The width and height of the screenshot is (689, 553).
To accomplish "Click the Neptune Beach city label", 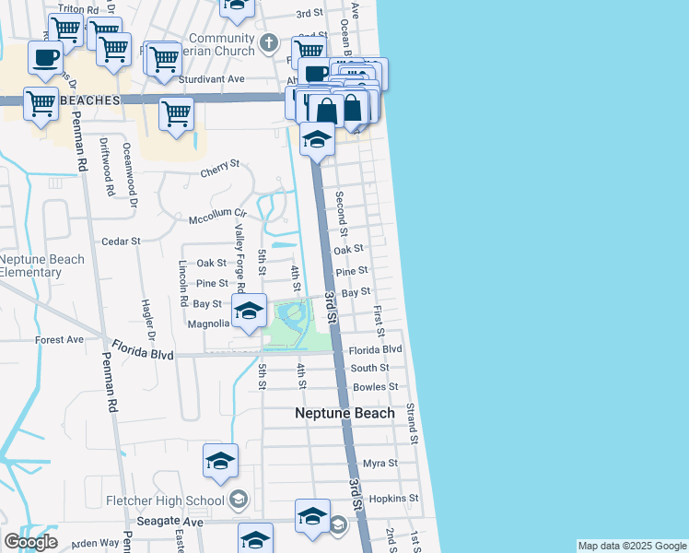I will coord(344,413).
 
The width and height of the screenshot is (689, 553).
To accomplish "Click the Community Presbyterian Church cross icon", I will coord(268,41).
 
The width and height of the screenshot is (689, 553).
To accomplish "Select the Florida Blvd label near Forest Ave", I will coord(143,349).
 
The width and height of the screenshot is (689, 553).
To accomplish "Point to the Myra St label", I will coord(380,463).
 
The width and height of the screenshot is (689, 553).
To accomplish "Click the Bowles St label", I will coord(375,387).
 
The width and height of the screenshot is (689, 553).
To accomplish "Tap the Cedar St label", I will coord(121,241).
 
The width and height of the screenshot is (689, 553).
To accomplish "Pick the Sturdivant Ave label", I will coord(211,79).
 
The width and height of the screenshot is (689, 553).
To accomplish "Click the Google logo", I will coord(30,542).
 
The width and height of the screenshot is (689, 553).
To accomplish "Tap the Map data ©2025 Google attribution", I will coord(631,546).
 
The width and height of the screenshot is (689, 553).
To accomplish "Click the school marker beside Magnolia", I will coord(248,312).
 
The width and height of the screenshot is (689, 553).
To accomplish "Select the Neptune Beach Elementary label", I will coord(41,265).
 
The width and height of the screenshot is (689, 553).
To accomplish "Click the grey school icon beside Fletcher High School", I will coord(238,500).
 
